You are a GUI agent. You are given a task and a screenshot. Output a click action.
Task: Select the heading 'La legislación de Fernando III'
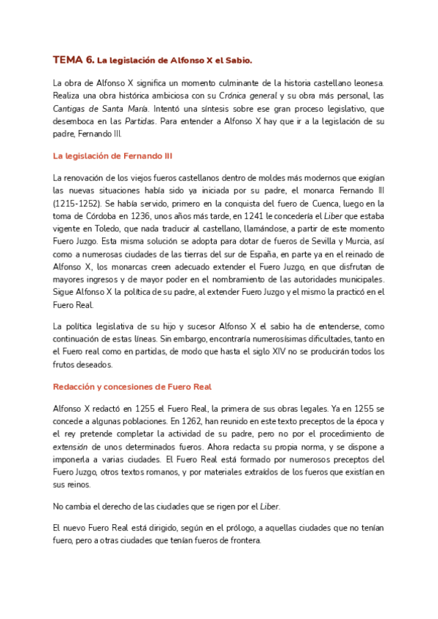[x=113, y=155]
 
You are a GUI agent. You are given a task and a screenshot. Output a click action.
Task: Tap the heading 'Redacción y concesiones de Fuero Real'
[x=133, y=386]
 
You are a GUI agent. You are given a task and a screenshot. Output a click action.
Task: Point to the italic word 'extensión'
[x=71, y=446]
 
